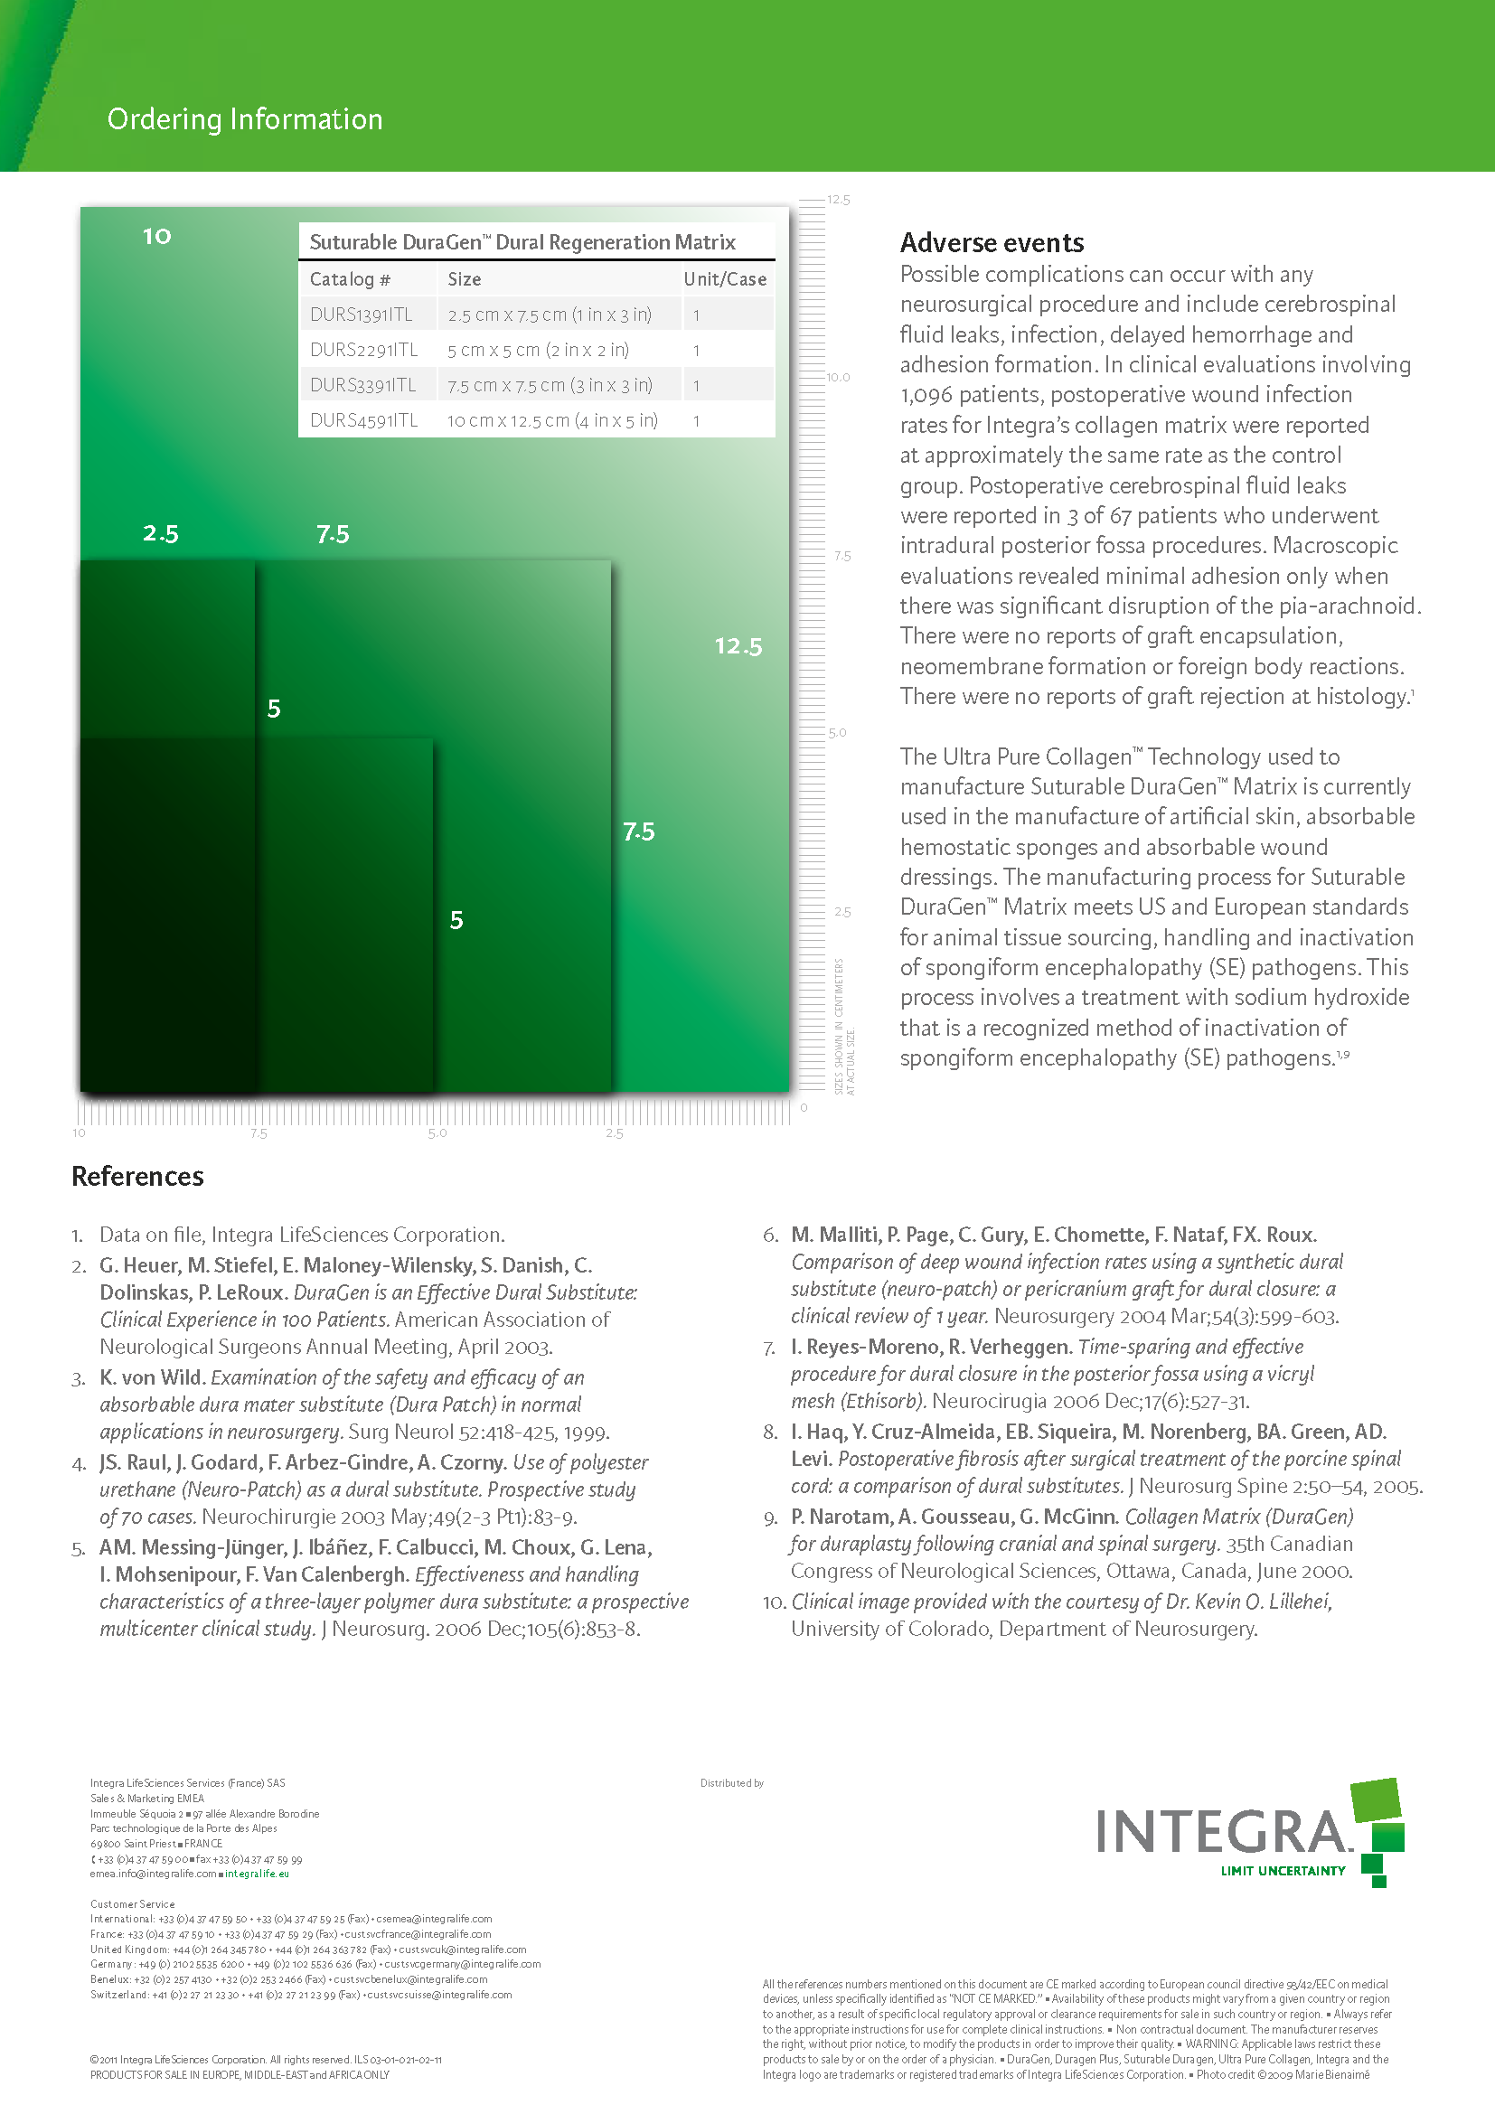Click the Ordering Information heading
tap(245, 119)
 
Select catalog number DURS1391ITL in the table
tap(361, 315)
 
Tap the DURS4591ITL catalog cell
tap(363, 421)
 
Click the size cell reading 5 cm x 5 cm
tap(538, 351)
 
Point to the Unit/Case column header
tap(725, 280)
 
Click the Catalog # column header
tap(350, 280)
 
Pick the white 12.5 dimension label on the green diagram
tap(738, 646)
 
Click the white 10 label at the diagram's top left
tap(156, 237)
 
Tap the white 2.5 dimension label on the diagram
tap(160, 534)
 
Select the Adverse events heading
tap(992, 243)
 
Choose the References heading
tap(138, 1177)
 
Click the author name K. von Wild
tap(151, 1377)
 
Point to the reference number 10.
tap(774, 1602)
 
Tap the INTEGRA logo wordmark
tap(1223, 1832)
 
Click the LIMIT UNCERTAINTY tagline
tap(1283, 1871)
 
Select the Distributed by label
tap(732, 1783)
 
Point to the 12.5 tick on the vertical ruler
tap(838, 200)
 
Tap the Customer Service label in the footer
tap(133, 1904)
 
